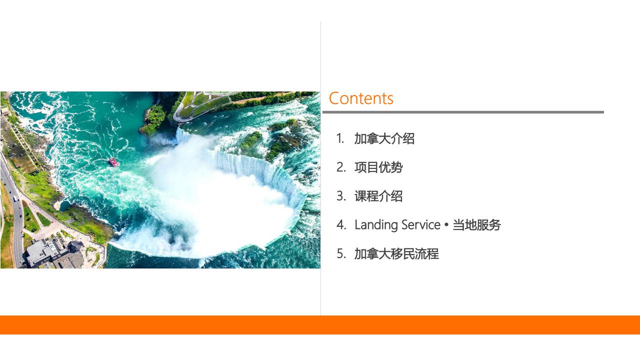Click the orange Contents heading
pos(361,98)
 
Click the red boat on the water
pos(113,162)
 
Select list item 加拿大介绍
pos(384,138)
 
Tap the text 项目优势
pos(378,167)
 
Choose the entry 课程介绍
pos(378,196)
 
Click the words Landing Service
pos(397,225)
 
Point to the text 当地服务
pos(476,225)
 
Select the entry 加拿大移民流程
pos(396,253)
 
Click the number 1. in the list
pos(340,138)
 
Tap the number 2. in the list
pos(341,167)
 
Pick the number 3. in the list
pos(341,196)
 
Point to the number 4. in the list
pos(341,225)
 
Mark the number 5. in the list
pos(341,253)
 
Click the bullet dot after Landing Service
pos(446,225)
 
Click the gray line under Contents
pos(463,112)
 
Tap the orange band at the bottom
pos(320,325)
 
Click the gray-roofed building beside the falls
pos(54,254)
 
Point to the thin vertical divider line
pos(320,168)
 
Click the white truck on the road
pos(14,198)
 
